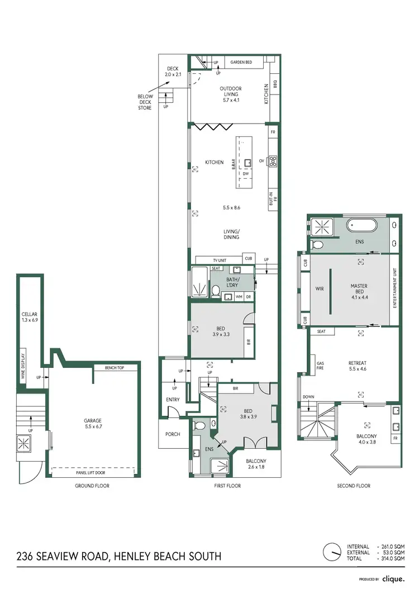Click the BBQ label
pos(274,85)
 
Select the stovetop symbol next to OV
pos(273,162)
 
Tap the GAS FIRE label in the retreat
pos(320,366)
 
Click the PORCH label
pos(173,434)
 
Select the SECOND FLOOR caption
pos(354,486)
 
